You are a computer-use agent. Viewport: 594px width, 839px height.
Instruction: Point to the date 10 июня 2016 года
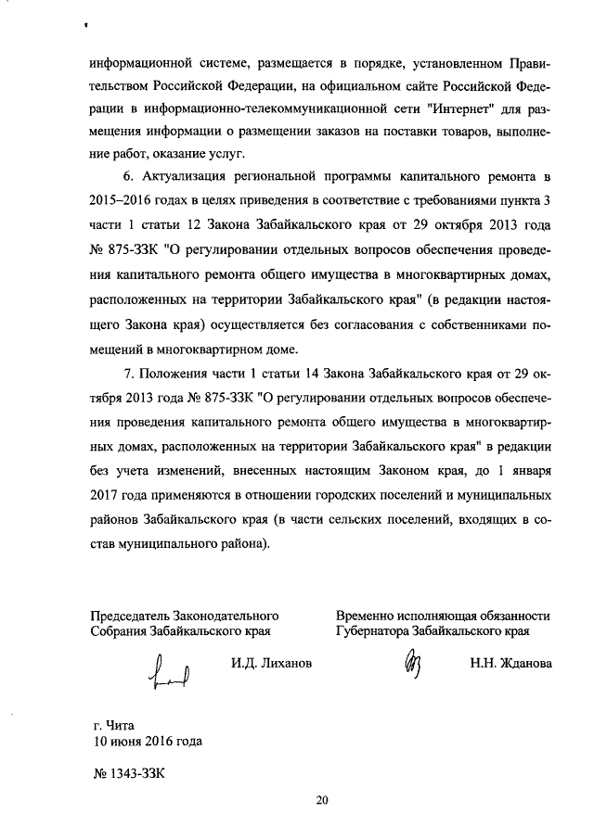[x=146, y=741]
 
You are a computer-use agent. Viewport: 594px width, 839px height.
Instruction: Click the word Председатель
[x=133, y=615]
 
